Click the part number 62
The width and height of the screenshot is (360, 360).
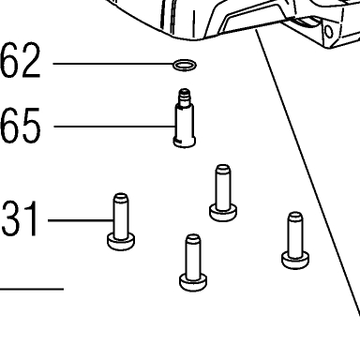point(21,61)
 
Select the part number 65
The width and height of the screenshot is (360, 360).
point(21,126)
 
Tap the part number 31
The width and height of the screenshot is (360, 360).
point(20,218)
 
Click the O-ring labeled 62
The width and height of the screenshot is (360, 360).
point(185,62)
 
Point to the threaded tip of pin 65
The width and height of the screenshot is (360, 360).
point(185,96)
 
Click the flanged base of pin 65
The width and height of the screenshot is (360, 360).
point(185,142)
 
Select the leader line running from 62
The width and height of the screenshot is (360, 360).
point(112,64)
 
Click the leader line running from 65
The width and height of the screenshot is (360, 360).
point(114,127)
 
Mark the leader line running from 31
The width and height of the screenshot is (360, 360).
point(81,220)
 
